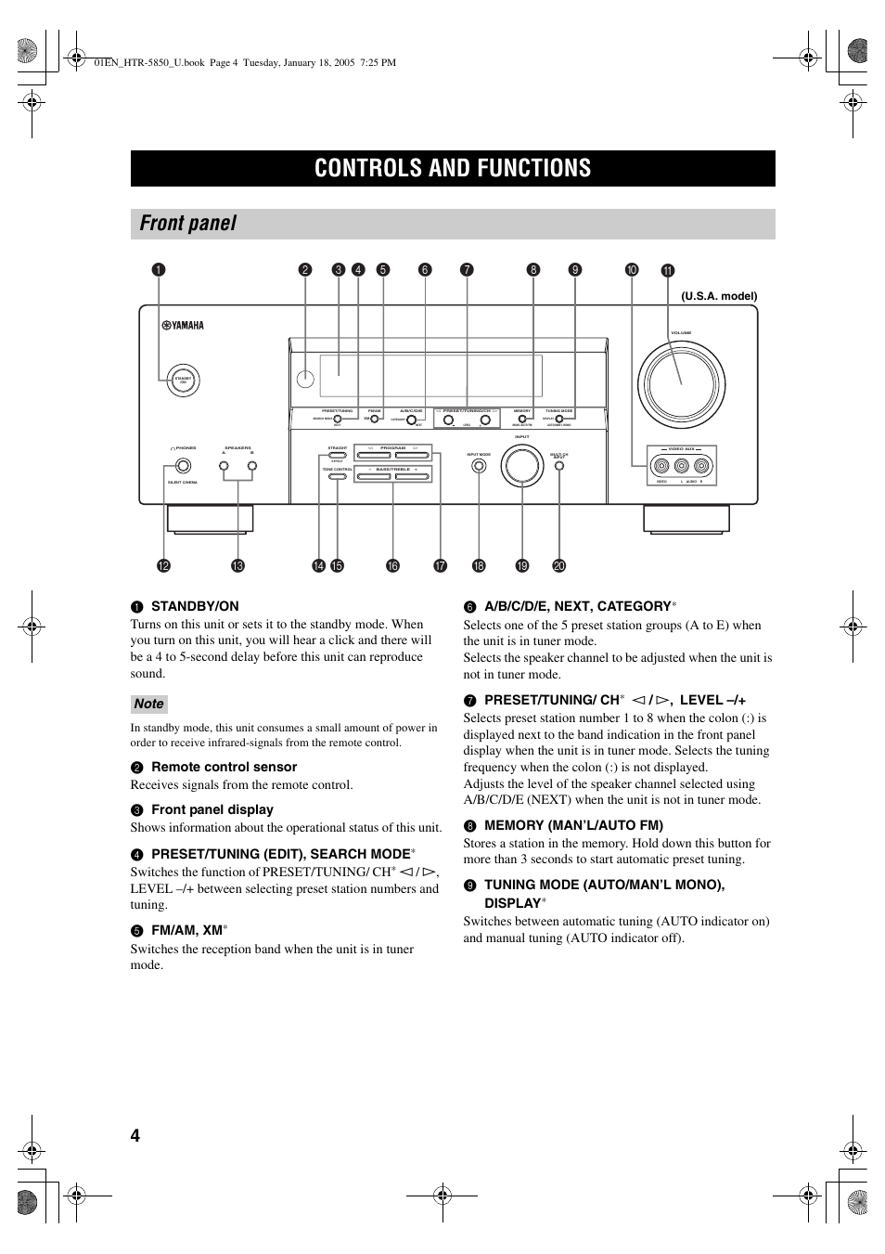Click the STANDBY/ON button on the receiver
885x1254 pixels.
pos(183,379)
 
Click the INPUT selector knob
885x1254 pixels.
pos(522,466)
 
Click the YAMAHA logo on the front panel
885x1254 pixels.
pos(183,326)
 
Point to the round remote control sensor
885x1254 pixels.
pos(305,379)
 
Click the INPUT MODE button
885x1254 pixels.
pos(479,466)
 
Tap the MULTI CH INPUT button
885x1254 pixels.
pos(558,466)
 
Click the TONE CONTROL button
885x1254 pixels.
pos(337,477)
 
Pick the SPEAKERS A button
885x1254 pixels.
pos(224,466)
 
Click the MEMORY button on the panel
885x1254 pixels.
pos(522,419)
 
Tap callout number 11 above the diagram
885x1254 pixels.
pos(668,271)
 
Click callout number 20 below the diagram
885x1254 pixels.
pos(558,566)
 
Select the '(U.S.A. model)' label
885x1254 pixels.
pos(719,296)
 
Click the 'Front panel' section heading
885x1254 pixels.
pos(188,224)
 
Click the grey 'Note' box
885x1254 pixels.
pos(148,704)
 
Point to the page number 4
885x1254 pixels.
pos(135,1136)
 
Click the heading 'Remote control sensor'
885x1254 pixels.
pos(224,767)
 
